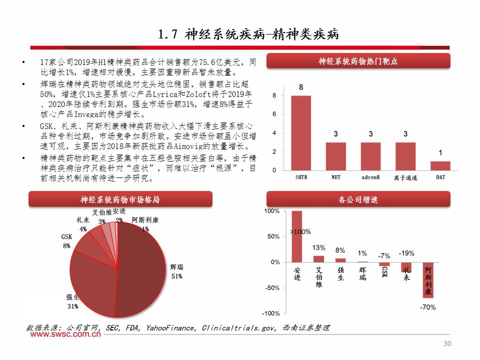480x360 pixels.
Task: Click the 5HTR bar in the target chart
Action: point(300,132)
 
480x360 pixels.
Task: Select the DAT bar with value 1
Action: point(440,165)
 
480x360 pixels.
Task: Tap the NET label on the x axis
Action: point(335,177)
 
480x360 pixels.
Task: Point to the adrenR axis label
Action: point(370,177)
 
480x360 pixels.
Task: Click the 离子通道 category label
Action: point(405,177)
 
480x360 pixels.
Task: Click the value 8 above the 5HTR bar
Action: point(300,87)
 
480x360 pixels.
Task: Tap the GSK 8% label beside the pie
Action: point(66,240)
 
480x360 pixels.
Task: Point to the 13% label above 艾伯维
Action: point(319,247)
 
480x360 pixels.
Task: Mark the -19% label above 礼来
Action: point(406,253)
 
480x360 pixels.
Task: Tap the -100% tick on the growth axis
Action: point(272,313)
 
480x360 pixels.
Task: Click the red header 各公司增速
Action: point(358,200)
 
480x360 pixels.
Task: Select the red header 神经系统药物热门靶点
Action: point(358,61)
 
